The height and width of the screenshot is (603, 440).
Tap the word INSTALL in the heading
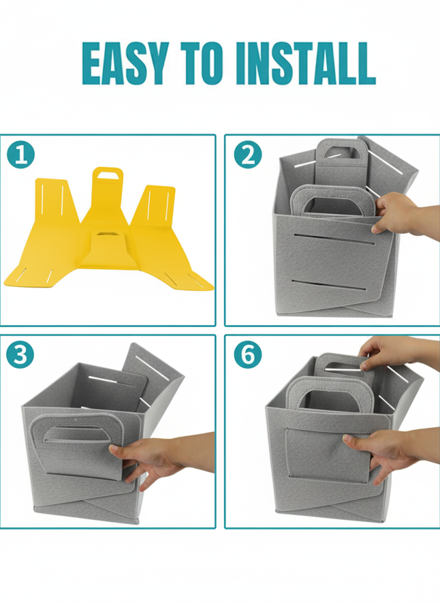click(x=306, y=64)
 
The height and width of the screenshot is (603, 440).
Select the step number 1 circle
click(x=21, y=155)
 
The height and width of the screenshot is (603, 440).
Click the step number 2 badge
click(x=248, y=154)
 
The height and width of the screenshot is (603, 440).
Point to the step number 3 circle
click(x=20, y=354)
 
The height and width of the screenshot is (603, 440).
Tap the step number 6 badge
click(x=248, y=354)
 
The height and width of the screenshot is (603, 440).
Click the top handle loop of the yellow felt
click(x=108, y=175)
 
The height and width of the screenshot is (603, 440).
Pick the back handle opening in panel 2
click(x=341, y=152)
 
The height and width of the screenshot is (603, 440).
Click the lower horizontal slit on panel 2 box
click(x=329, y=285)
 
